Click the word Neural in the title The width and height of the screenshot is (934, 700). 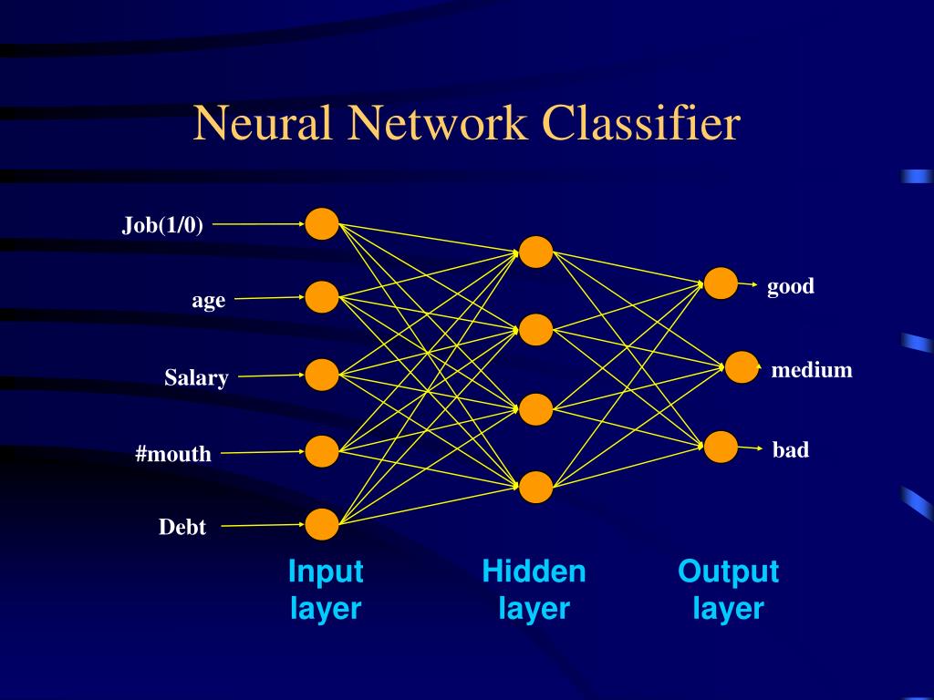[x=263, y=123]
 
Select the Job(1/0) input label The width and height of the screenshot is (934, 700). [x=162, y=225]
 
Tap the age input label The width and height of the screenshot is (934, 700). [x=209, y=301]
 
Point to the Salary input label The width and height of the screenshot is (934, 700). [x=197, y=377]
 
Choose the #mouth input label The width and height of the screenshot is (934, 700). [x=173, y=454]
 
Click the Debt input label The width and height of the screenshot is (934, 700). [x=182, y=527]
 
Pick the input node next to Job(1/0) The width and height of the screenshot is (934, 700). [x=322, y=224]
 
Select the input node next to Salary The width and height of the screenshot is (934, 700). [x=322, y=375]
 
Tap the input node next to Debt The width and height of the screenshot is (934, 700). [x=322, y=524]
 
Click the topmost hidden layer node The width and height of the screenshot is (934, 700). [x=536, y=252]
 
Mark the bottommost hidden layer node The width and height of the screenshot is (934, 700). [x=536, y=487]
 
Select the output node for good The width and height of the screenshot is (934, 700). [x=721, y=283]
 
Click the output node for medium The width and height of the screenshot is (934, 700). [x=742, y=367]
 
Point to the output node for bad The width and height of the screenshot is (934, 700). [x=721, y=447]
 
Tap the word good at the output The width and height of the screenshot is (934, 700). [x=791, y=287]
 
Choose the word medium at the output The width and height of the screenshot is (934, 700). [x=811, y=370]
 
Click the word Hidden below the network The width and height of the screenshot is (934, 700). [x=534, y=571]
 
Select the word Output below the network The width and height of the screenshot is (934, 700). [x=728, y=571]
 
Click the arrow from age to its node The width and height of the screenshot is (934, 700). [x=269, y=298]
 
